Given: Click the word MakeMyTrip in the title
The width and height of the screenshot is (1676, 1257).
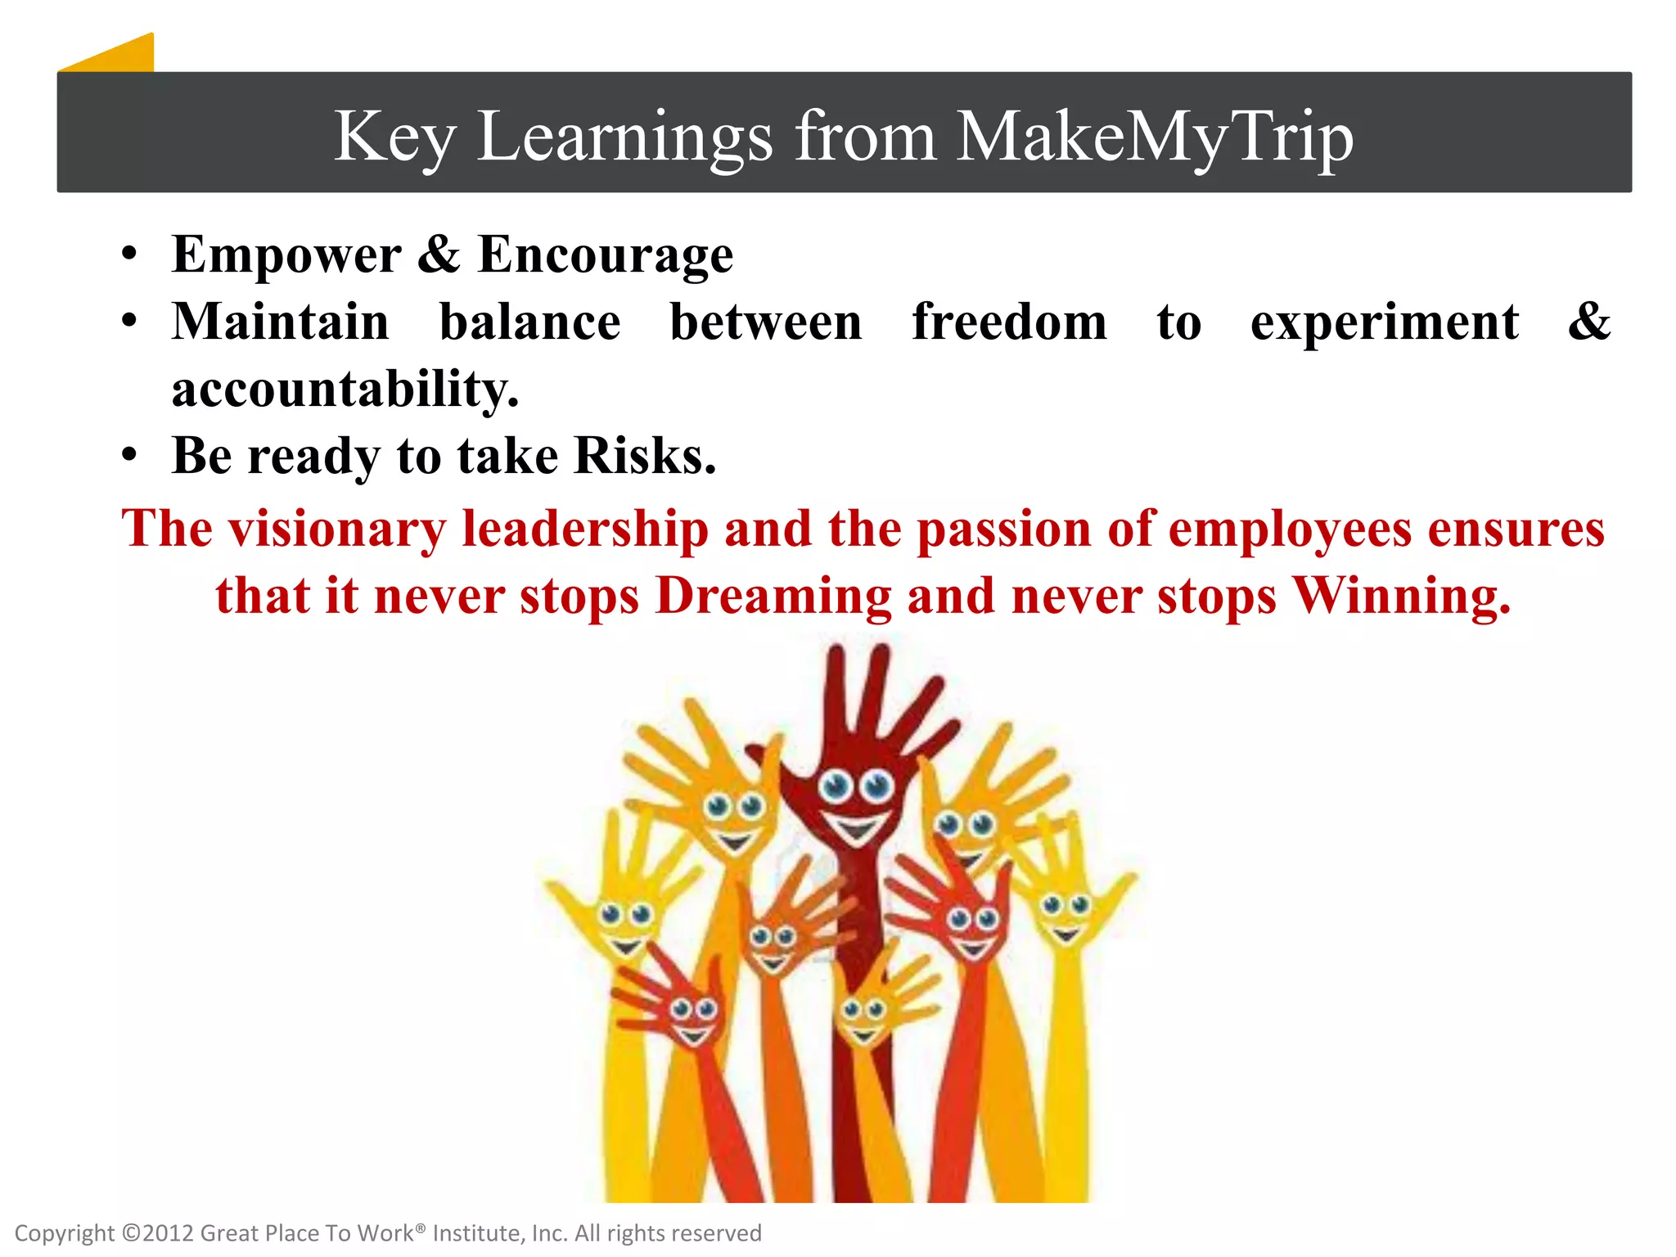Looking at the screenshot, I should click(x=1155, y=136).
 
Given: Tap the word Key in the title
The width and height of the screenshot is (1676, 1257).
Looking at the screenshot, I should click(x=394, y=136).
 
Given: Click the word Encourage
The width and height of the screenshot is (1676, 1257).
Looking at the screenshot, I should click(x=606, y=255).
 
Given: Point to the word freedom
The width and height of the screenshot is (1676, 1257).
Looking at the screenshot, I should click(x=1009, y=322).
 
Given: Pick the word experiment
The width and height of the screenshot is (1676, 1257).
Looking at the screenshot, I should click(x=1385, y=323).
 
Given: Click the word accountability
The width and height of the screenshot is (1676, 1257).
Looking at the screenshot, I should click(x=345, y=389).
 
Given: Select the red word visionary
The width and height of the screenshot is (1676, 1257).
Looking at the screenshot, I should click(x=336, y=529).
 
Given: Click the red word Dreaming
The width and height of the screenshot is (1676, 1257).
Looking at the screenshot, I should click(x=773, y=596).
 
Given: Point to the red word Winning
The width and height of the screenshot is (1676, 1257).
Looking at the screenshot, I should click(x=1401, y=596).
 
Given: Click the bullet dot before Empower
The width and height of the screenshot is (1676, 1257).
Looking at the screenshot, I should click(x=129, y=255).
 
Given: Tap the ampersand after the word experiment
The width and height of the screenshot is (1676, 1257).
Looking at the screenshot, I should click(x=1588, y=322).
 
